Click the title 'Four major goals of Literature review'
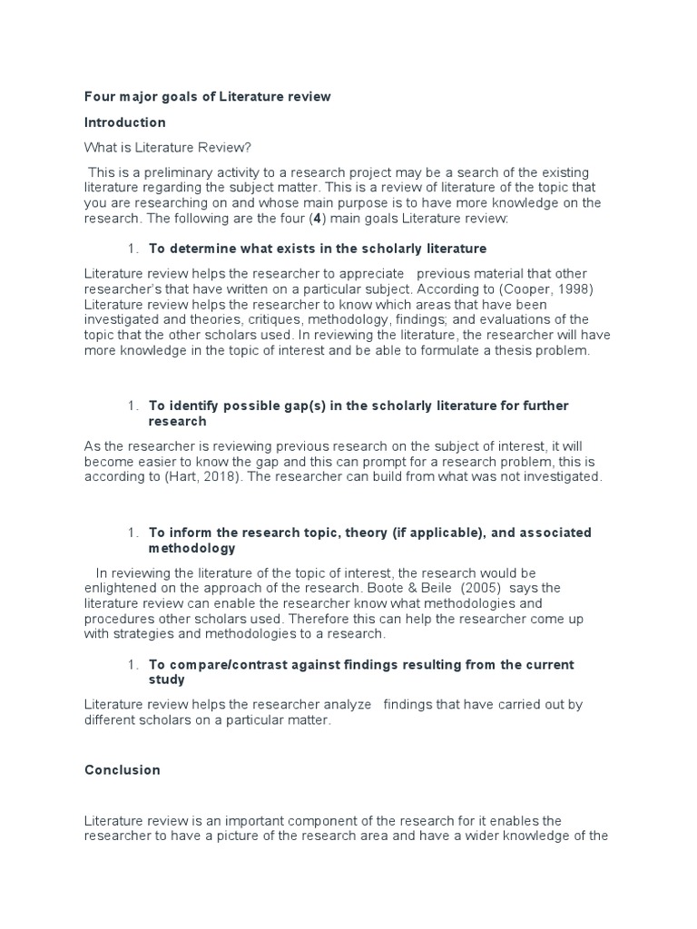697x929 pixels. (x=208, y=96)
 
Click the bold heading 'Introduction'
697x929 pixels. (x=125, y=122)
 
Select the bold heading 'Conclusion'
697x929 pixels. (x=123, y=769)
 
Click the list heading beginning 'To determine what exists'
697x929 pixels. (x=318, y=248)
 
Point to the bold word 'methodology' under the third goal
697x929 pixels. (x=191, y=548)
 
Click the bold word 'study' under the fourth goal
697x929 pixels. (x=167, y=680)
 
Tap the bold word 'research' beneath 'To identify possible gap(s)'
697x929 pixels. (x=178, y=421)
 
